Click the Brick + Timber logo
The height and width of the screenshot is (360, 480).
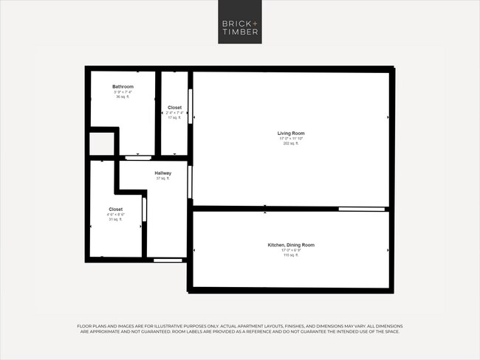tap(240, 22)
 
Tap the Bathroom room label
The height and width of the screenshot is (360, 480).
tap(123, 86)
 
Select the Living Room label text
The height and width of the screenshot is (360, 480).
tap(291, 133)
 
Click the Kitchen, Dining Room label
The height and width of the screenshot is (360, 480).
tap(291, 244)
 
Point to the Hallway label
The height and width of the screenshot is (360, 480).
tap(162, 173)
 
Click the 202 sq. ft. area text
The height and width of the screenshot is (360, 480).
tap(291, 143)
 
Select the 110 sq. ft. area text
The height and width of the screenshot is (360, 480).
tap(291, 255)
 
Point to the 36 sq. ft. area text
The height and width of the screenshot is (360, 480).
tap(123, 97)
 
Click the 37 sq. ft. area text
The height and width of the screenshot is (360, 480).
tap(162, 179)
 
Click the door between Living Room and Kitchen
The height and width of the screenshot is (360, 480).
tap(362, 210)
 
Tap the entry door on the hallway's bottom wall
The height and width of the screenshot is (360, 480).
tap(168, 260)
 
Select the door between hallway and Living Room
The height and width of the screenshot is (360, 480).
tap(190, 181)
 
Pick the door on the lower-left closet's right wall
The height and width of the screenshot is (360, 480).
tap(144, 210)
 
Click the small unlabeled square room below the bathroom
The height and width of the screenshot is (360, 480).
tap(101, 144)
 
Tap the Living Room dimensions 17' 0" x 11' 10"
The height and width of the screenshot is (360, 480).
tap(291, 138)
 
